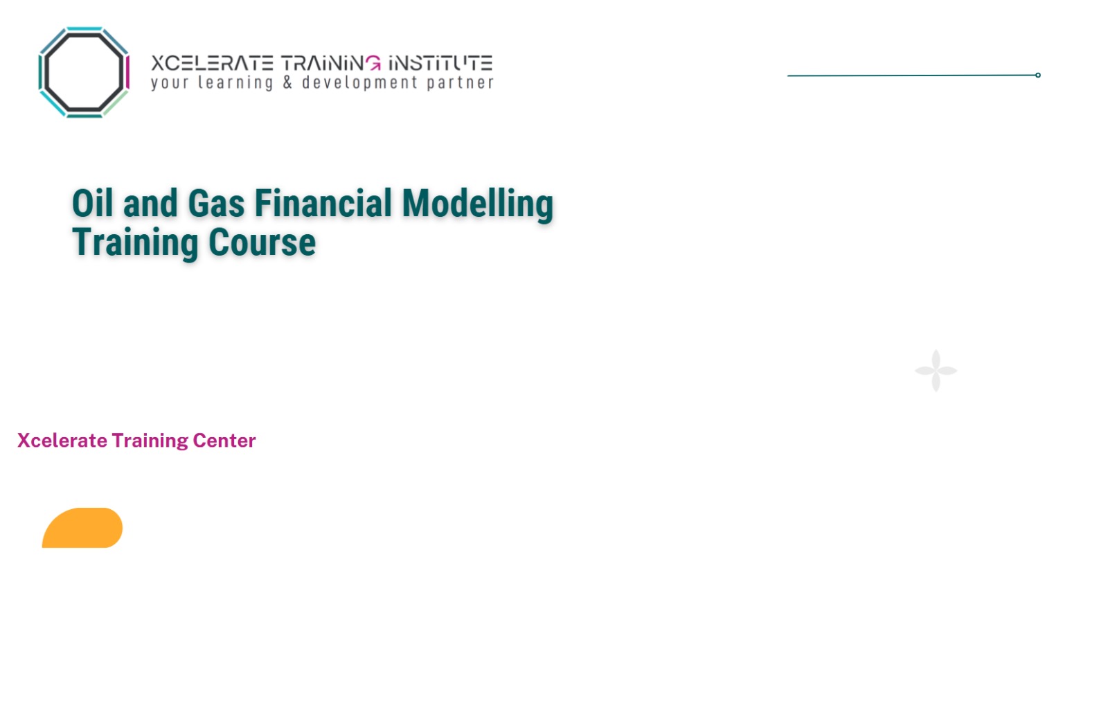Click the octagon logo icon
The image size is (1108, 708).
coord(84,72)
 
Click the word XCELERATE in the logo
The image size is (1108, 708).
coord(212,64)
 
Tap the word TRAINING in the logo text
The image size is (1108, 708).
coord(331,64)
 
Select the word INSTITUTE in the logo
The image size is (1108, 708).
coord(440,64)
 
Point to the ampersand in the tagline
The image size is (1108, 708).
coord(287,83)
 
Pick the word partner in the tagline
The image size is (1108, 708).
coord(460,83)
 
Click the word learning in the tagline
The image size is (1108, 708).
coord(235,83)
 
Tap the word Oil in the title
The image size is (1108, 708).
coord(92,204)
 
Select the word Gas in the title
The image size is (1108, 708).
coord(216,204)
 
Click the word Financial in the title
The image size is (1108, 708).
coord(323,204)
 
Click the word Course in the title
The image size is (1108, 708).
coord(262,242)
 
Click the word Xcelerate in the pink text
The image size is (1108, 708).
coord(62,441)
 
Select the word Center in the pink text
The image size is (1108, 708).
coord(224,441)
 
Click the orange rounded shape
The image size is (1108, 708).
coord(82,529)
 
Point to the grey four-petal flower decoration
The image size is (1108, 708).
coord(936,371)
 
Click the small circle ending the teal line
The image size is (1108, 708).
coord(1037,75)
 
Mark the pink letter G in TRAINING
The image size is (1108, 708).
coord(373,64)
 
